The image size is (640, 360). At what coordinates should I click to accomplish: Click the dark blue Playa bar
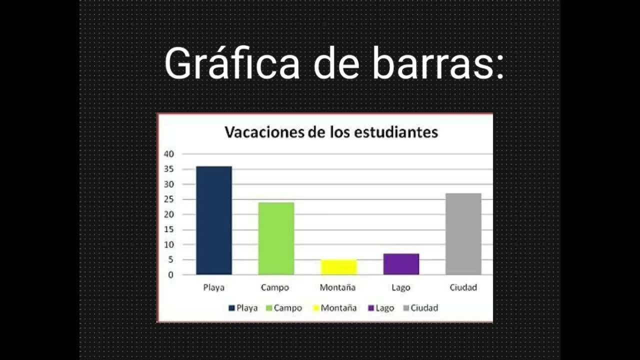click(214, 220)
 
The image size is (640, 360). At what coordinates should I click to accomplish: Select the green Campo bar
click(276, 238)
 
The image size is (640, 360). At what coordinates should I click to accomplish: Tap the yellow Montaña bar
click(339, 267)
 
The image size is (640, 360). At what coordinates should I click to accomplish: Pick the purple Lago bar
click(401, 264)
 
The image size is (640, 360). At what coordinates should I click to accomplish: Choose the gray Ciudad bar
click(463, 234)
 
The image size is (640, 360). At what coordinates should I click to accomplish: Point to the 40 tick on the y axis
click(169, 154)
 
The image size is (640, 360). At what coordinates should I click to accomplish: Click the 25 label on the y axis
click(169, 199)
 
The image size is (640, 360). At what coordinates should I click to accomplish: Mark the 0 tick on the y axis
click(171, 275)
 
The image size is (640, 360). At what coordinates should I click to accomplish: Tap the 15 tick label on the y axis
click(169, 229)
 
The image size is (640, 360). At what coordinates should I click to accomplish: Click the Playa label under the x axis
click(213, 287)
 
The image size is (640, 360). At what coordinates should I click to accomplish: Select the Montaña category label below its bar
click(337, 287)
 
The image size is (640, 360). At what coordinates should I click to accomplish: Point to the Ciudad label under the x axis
click(463, 287)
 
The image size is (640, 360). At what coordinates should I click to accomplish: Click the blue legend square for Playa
click(231, 308)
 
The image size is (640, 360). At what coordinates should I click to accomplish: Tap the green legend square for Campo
click(269, 308)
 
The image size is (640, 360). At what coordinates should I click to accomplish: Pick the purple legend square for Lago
click(371, 308)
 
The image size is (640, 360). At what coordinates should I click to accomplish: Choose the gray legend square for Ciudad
click(406, 308)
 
